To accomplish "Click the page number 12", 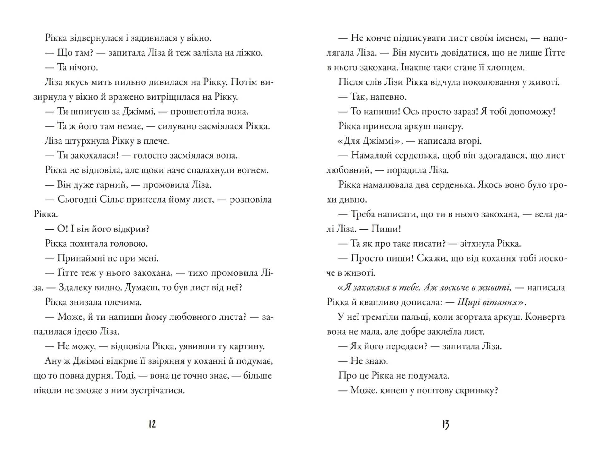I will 152,424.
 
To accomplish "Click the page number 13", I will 446,425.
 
